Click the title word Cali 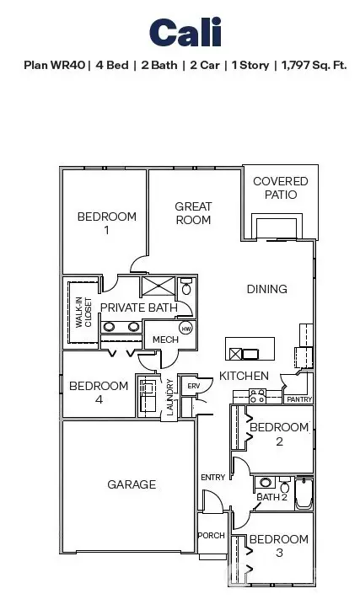(x=185, y=33)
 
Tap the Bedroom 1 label (x=106, y=223)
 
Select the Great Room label (x=193, y=213)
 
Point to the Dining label (x=266, y=289)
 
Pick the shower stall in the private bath (x=159, y=288)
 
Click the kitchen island (x=250, y=350)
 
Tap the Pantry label (x=298, y=398)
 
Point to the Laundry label (x=170, y=396)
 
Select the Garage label (x=132, y=484)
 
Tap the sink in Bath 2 (x=265, y=484)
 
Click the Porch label (x=211, y=536)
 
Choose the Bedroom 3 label (x=278, y=546)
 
